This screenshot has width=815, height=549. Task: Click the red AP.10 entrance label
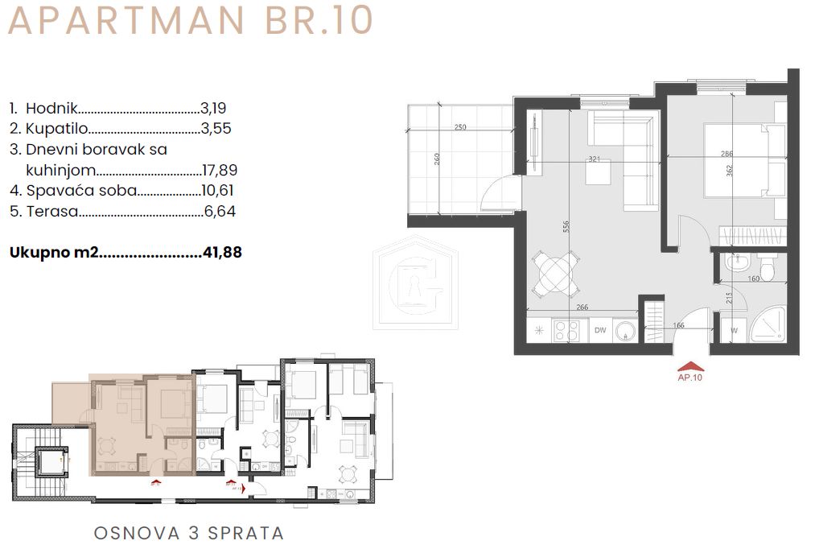690,376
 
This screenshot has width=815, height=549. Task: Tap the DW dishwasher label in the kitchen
599,329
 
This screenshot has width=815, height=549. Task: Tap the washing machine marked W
733,329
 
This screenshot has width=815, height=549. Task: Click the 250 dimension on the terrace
460,127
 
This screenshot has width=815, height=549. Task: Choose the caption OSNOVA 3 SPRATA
189,533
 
